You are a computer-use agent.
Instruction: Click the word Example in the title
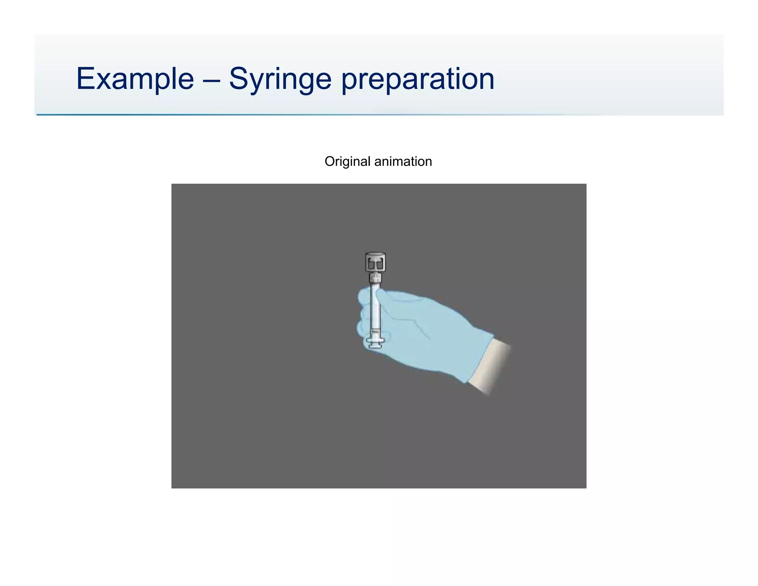[x=135, y=79]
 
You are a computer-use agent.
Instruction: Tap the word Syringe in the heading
[x=280, y=79]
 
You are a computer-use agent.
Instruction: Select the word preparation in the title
[x=417, y=79]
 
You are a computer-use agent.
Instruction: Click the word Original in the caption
[x=347, y=162]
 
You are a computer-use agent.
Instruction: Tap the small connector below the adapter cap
[x=375, y=278]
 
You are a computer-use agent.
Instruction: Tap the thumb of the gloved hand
[x=385, y=296]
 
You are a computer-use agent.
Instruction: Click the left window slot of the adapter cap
[x=371, y=264]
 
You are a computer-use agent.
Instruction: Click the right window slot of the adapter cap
[x=380, y=264]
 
